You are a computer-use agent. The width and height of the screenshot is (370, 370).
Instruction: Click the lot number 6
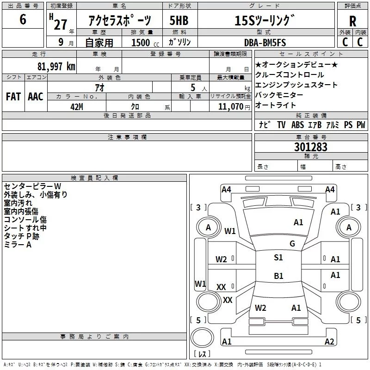pos(23,20)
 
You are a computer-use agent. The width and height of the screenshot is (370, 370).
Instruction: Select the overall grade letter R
pos(352,21)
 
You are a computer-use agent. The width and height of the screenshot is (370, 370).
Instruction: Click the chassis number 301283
pos(310,147)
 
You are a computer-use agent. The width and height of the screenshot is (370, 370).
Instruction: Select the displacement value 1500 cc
pos(141,43)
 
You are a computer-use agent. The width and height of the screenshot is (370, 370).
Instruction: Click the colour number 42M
pos(76,106)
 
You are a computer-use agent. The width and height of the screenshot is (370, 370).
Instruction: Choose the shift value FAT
pos(13,96)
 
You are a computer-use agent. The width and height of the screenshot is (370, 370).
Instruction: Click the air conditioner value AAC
pos(36,96)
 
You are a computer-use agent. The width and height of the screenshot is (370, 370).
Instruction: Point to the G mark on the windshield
pos(292,244)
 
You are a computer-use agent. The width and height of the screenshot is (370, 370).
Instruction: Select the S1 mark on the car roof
pos(278,258)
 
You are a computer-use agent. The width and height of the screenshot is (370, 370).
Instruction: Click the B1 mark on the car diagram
pos(278,276)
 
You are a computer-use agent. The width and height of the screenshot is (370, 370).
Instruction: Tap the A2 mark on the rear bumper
pos(329,342)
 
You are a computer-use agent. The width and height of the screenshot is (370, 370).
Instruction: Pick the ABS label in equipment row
pos(297,125)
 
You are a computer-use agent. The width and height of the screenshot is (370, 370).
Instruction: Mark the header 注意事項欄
pos(127,137)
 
